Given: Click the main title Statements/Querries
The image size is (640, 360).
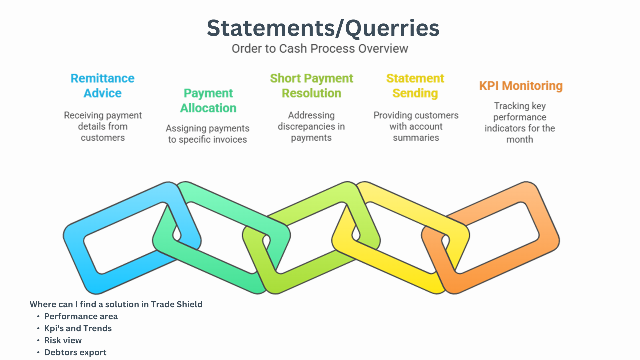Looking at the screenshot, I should tap(323, 29).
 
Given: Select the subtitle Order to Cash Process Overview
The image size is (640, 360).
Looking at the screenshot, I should tap(320, 49).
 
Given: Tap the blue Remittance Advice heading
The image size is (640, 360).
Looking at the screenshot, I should tap(102, 86).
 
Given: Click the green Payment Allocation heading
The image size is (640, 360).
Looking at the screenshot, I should tap(208, 101).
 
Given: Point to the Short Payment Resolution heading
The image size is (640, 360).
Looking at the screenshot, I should tap(311, 86).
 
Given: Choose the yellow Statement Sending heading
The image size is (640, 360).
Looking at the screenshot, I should tap(415, 86).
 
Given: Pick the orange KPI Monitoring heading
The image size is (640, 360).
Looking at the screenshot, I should tap(521, 86).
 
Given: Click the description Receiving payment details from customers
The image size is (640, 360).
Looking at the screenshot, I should tap(103, 126).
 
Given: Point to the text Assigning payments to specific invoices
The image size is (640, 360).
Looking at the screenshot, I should tap(207, 134).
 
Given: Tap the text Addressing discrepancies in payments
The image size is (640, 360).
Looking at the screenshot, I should tap(311, 126).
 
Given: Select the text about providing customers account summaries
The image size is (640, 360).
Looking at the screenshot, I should tap(416, 126).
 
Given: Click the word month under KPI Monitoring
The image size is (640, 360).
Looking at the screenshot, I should tap(520, 139).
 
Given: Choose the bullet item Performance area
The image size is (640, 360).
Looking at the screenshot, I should tap(81, 316).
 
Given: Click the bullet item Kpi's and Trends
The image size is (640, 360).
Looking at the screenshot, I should tap(78, 328).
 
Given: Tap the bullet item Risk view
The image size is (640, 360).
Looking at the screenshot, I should tap(63, 340).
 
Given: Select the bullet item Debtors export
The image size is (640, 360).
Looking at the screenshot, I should tap(75, 352).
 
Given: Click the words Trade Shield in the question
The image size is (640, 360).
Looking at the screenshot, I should tap(177, 304).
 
